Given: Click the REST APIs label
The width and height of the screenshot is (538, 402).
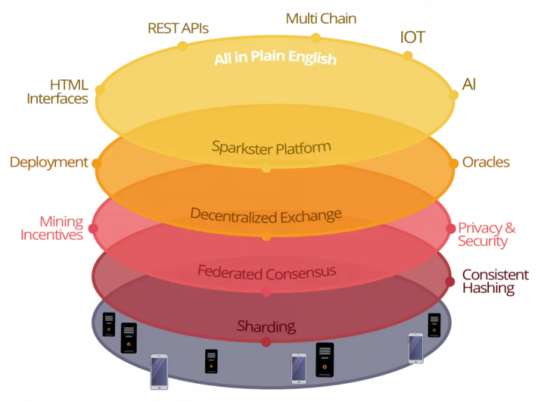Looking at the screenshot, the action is coord(178,28).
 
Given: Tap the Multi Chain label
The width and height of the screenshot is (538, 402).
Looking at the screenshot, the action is coord(321,18).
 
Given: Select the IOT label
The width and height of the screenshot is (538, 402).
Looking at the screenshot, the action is coord(413,37).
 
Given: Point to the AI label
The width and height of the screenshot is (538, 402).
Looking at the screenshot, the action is coord(469,84).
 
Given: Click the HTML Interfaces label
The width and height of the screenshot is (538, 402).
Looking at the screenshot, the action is coord(57,92).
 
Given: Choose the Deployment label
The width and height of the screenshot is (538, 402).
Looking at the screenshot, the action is coord(49,162).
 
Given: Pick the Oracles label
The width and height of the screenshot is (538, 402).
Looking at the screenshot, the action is coord(486,162).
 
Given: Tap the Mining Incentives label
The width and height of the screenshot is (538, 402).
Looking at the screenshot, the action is coord(52,228).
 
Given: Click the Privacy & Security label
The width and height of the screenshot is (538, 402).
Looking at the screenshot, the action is coord(487,235).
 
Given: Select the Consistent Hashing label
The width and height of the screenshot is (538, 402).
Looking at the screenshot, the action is coord(495,282).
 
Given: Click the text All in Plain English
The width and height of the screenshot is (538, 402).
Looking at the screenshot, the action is coord(275,57).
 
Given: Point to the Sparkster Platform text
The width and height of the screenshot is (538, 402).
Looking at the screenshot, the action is coord(271,148).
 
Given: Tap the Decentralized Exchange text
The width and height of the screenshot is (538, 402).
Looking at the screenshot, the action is coord(266,216).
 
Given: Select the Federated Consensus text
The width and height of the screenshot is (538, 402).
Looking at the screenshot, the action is coord(267,272).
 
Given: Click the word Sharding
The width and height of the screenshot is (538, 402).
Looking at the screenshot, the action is coord(266,326).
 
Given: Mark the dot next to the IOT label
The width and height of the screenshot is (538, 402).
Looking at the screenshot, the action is coord(408,55).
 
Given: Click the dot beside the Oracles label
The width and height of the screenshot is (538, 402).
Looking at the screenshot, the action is coord(454,164).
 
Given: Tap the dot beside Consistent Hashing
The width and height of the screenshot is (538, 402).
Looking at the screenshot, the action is coord(450,282).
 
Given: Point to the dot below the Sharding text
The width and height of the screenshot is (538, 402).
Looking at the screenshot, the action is coord(266,342).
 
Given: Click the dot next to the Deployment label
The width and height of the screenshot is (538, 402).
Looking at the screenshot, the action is coord(97,163).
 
